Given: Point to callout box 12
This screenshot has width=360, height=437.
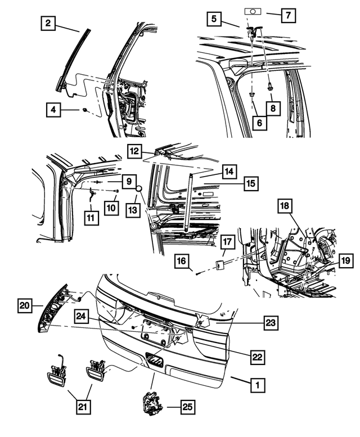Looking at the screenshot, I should tap(134, 151).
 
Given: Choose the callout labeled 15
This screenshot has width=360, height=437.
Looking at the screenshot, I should tap(251, 183).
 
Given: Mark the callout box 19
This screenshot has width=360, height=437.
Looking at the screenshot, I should tap(345, 261).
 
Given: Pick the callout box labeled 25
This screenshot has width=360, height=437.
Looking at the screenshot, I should tap(186, 406).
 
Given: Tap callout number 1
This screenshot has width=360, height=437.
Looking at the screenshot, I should tap(257, 385).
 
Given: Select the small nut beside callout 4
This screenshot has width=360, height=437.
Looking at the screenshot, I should tap(83, 109).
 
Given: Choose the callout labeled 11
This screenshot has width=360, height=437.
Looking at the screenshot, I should tap(92, 217).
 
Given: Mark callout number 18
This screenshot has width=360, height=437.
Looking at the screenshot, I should tap(284, 207).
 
